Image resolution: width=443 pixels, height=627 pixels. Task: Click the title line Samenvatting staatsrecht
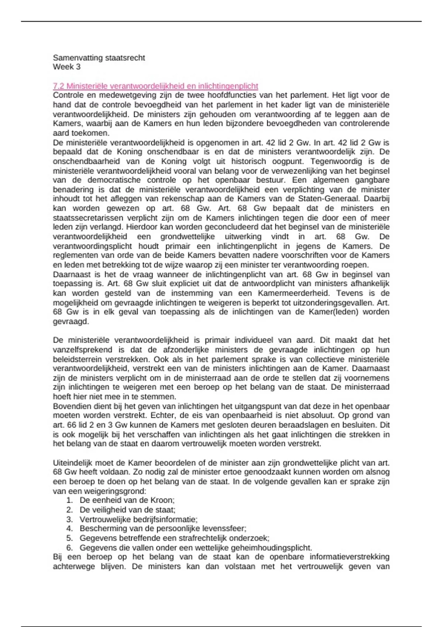[x=99, y=58]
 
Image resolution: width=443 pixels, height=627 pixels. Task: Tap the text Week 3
[x=66, y=67]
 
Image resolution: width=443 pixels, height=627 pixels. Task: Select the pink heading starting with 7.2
[x=155, y=86]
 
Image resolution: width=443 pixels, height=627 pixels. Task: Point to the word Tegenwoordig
[x=334, y=161]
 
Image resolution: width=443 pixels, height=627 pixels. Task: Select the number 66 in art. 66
[x=72, y=425]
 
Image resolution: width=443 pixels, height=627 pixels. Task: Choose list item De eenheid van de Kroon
[x=127, y=500]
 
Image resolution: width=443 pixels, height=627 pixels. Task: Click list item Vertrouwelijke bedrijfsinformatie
[x=138, y=519]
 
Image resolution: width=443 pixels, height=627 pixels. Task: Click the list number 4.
[x=69, y=529]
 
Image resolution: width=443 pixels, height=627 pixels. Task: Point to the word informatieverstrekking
[x=349, y=557]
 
